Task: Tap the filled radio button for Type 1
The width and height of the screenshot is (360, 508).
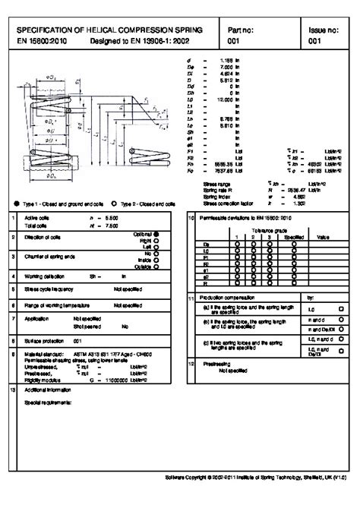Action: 17,204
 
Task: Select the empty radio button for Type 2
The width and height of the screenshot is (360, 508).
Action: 114,204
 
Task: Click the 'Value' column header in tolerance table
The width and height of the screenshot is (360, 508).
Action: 322,235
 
